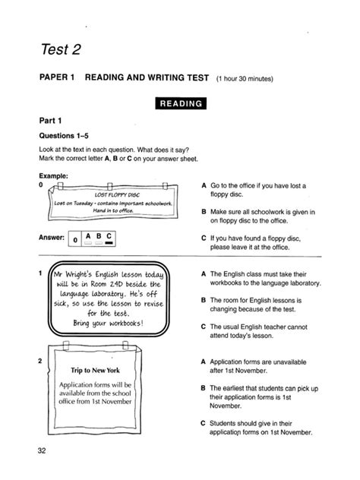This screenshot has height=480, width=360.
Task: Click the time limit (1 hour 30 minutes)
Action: click(249, 78)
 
